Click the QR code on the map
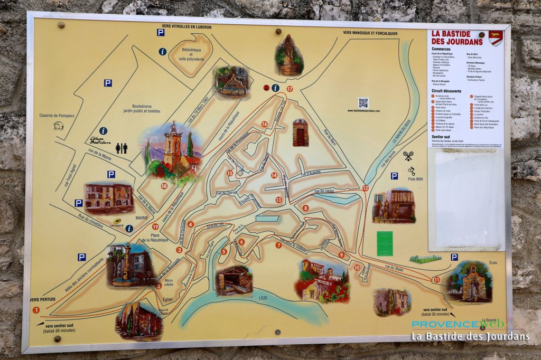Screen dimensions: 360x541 coord(363,102)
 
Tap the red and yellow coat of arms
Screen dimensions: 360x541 coord(495,38)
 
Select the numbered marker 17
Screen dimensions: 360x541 coord(290,89)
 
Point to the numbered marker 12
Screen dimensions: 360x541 coord(366,188)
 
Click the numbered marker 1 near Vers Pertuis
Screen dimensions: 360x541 coord(36,310)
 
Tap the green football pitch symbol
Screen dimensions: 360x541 coord(385,243)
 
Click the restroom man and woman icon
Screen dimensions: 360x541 coord(122,148)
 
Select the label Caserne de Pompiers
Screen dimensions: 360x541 coord(57,116)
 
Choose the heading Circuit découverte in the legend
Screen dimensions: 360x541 coord(446,90)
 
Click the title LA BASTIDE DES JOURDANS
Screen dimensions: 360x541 coord(458,38)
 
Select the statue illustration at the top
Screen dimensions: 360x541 coord(289,55)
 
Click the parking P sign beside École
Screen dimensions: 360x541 coord(454,257)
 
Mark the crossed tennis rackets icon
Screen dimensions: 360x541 coord(408,156)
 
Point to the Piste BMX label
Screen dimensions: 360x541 coord(415,179)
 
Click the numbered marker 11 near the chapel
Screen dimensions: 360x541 coord(436,279)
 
